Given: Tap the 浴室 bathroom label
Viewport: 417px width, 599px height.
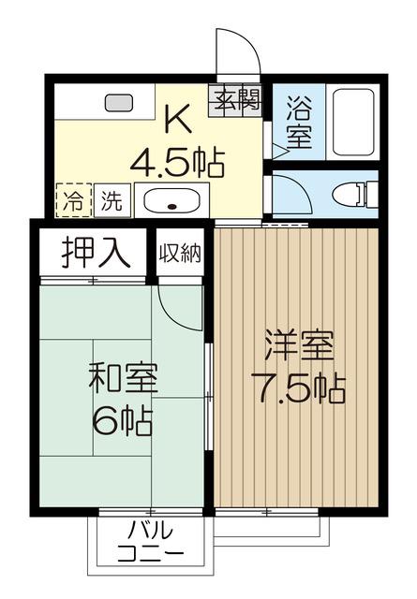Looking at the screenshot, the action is point(299,123).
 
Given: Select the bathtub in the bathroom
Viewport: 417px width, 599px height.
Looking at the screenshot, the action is point(353,123).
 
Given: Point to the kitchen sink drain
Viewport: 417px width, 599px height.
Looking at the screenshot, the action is point(172,207).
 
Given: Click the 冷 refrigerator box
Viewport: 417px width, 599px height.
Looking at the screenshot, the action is point(74,200).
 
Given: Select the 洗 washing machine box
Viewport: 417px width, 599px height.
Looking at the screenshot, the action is point(112,200).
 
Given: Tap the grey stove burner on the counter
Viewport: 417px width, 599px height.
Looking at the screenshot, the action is point(119,103).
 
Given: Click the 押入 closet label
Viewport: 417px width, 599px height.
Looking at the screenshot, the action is point(96,252).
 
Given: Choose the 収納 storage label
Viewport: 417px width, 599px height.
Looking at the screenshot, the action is point(180,253).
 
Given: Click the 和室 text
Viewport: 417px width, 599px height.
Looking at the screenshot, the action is point(123,378).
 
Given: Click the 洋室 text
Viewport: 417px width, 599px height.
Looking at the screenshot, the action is point(299,346).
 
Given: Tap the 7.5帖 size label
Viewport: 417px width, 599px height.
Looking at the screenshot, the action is point(298,388).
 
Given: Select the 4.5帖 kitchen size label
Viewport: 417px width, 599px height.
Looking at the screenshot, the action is point(177,161).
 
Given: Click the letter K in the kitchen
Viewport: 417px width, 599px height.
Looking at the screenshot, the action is point(177,119).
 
